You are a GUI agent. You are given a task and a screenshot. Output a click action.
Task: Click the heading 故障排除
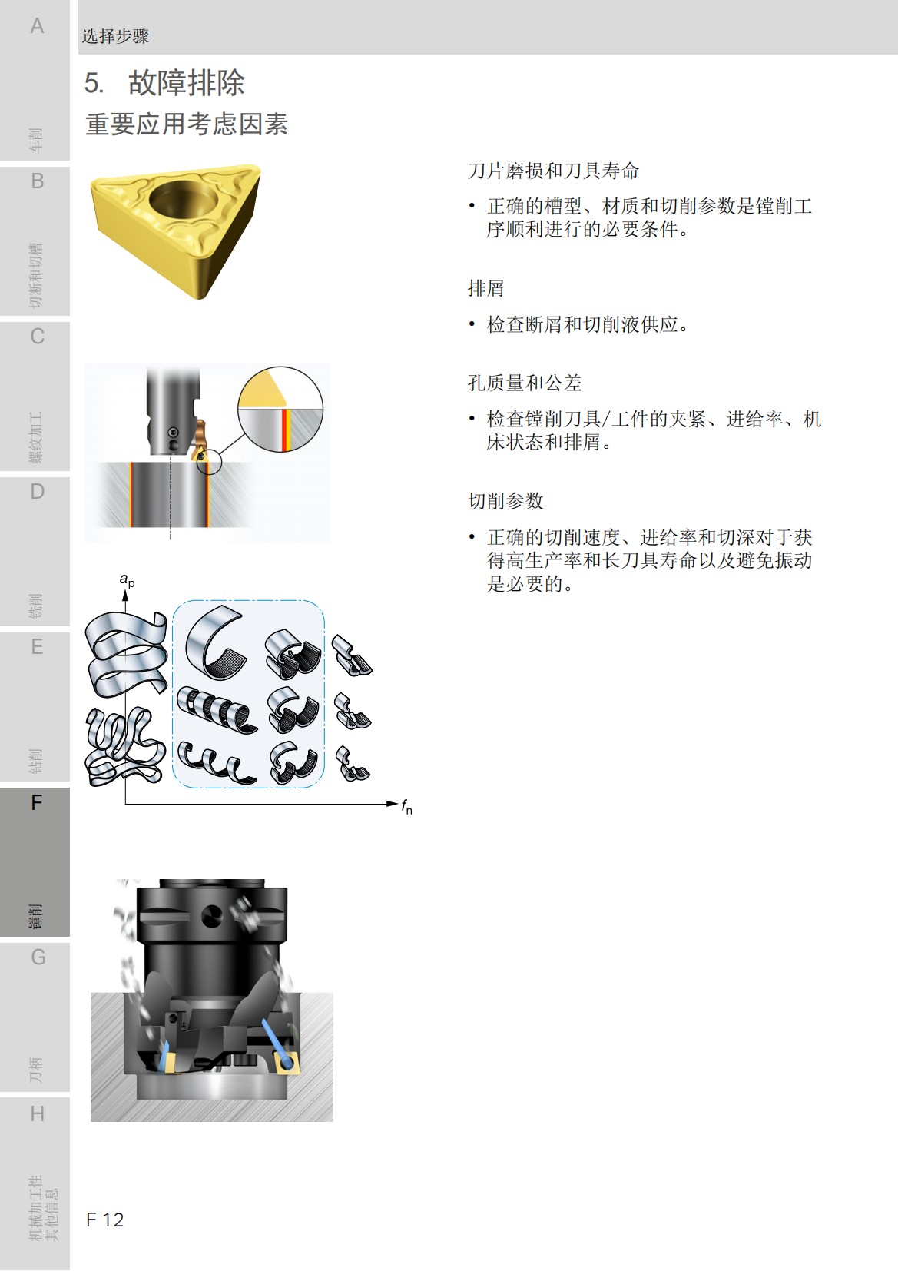pyautogui.click(x=186, y=83)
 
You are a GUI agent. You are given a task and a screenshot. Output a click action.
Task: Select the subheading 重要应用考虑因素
pyautogui.click(x=187, y=124)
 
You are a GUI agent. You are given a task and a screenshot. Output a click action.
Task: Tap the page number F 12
pyautogui.click(x=105, y=1220)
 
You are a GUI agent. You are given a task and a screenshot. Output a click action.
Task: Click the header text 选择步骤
pyautogui.click(x=115, y=36)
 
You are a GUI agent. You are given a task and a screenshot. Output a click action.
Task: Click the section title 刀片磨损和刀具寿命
pyautogui.click(x=553, y=171)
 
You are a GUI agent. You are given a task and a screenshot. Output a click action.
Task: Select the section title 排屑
pyautogui.click(x=485, y=288)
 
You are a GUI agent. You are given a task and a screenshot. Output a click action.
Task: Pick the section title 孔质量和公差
pyautogui.click(x=525, y=383)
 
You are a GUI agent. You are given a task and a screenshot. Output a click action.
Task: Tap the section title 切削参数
pyautogui.click(x=505, y=501)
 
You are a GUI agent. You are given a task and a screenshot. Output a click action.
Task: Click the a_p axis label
pyautogui.click(x=127, y=580)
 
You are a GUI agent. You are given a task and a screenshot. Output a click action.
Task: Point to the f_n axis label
pyautogui.click(x=406, y=806)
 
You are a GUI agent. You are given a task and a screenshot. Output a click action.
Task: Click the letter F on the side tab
pyautogui.click(x=36, y=803)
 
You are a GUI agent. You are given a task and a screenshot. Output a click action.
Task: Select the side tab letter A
pyautogui.click(x=37, y=26)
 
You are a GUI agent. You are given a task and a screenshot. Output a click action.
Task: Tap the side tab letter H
pyautogui.click(x=37, y=1113)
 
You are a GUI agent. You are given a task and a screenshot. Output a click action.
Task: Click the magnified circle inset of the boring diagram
pyautogui.click(x=280, y=409)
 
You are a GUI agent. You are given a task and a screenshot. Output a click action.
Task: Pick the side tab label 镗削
pyautogui.click(x=35, y=916)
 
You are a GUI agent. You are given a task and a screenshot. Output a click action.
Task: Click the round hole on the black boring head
pyautogui.click(x=211, y=915)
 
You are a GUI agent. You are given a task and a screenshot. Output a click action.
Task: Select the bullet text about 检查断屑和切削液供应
pyautogui.click(x=588, y=324)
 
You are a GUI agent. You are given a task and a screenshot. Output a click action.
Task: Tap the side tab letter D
pyautogui.click(x=37, y=492)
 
